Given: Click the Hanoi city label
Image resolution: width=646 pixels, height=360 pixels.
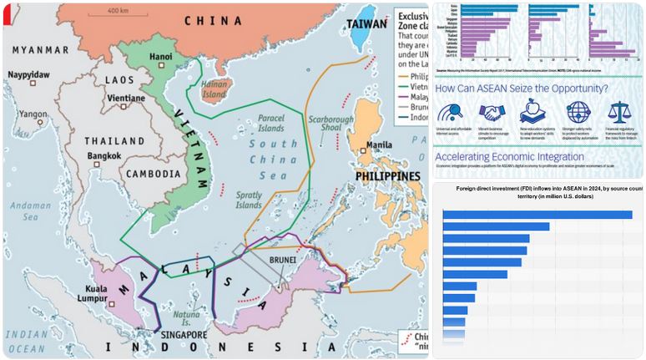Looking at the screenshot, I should point(159,57).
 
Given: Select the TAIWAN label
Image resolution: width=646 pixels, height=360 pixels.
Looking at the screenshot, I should point(368,26).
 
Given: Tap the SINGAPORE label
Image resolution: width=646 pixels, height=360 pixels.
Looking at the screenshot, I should point(179,334).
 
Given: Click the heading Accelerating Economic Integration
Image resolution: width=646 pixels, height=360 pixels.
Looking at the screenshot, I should point(509,156).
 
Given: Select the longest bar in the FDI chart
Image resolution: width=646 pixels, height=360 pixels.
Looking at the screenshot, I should point(537,215).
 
